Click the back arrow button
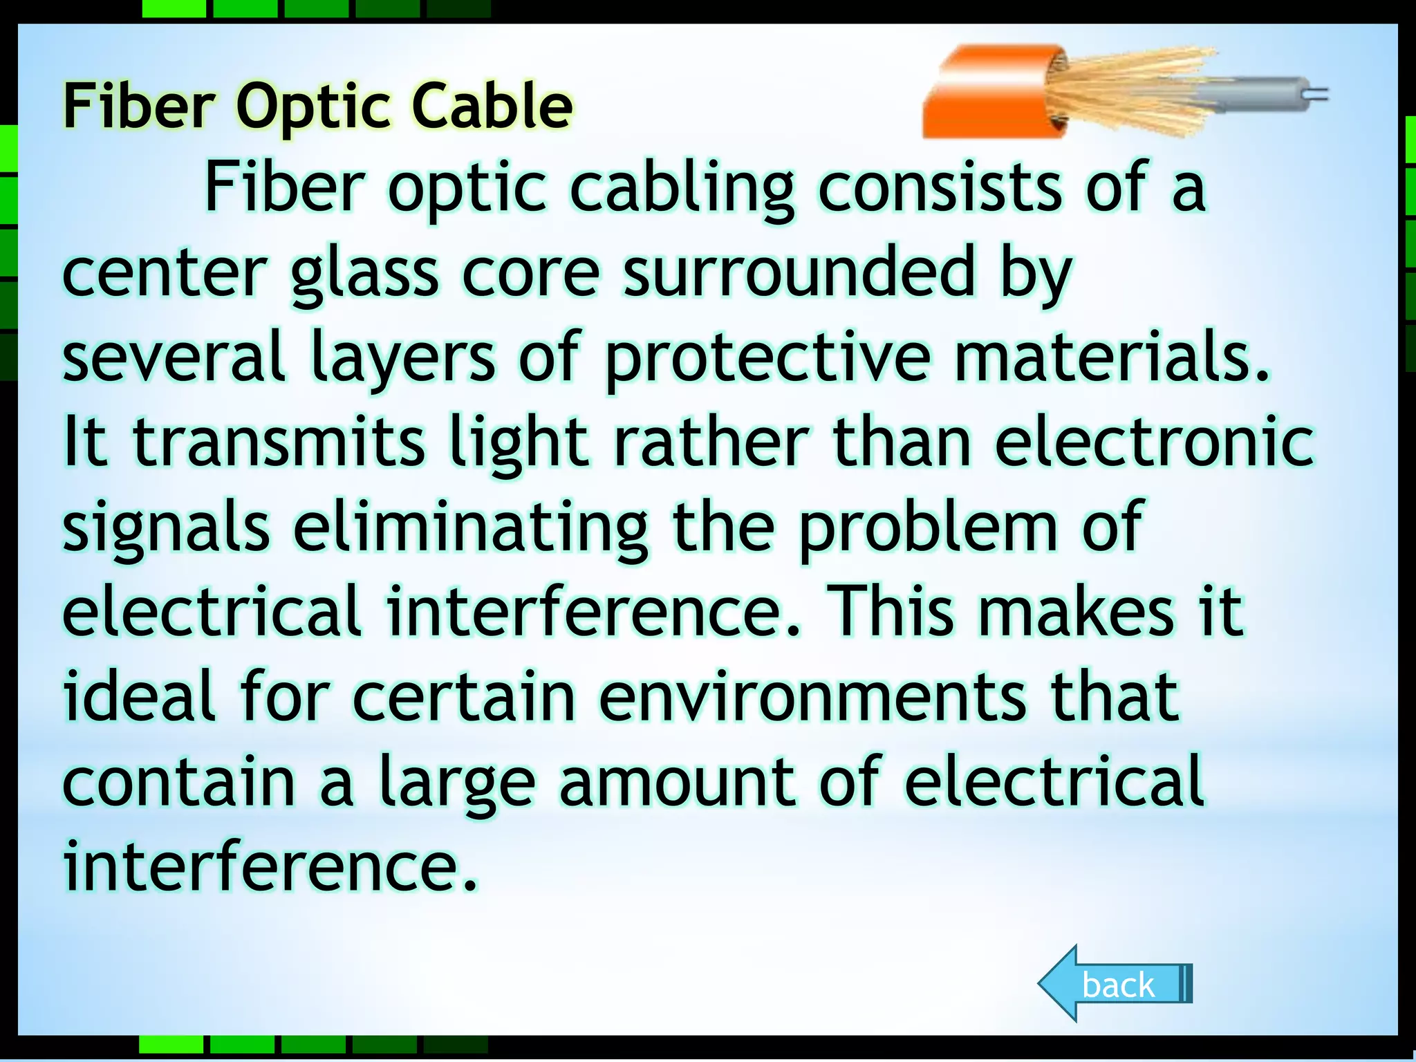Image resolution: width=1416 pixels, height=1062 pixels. point(1115,983)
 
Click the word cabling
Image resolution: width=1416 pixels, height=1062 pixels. point(682,188)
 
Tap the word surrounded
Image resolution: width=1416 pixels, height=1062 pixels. point(799,272)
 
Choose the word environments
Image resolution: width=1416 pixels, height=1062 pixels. point(812,697)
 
